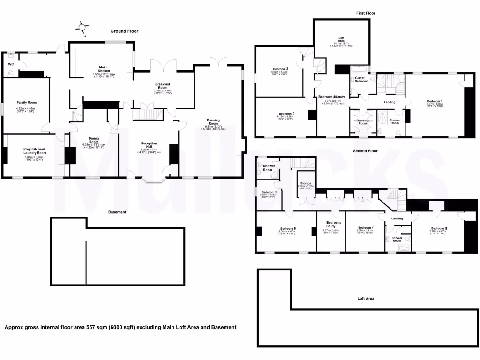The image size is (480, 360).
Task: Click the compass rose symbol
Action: click(x=83, y=28)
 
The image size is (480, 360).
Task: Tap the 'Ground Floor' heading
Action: click(x=124, y=31)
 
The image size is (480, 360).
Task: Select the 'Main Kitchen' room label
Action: click(x=104, y=69)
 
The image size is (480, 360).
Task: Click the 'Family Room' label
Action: click(x=26, y=102)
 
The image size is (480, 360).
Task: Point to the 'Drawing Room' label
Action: click(x=213, y=121)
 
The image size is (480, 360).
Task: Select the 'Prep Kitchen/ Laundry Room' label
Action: click(x=35, y=151)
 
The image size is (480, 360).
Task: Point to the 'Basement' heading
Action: click(x=117, y=212)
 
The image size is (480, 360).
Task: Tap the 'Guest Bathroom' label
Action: click(x=361, y=79)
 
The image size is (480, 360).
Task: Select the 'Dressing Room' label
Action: click(x=362, y=121)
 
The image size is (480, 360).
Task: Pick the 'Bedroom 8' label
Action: click(x=439, y=228)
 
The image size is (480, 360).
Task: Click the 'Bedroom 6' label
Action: click(x=287, y=228)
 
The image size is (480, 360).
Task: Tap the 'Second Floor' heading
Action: click(x=365, y=151)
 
